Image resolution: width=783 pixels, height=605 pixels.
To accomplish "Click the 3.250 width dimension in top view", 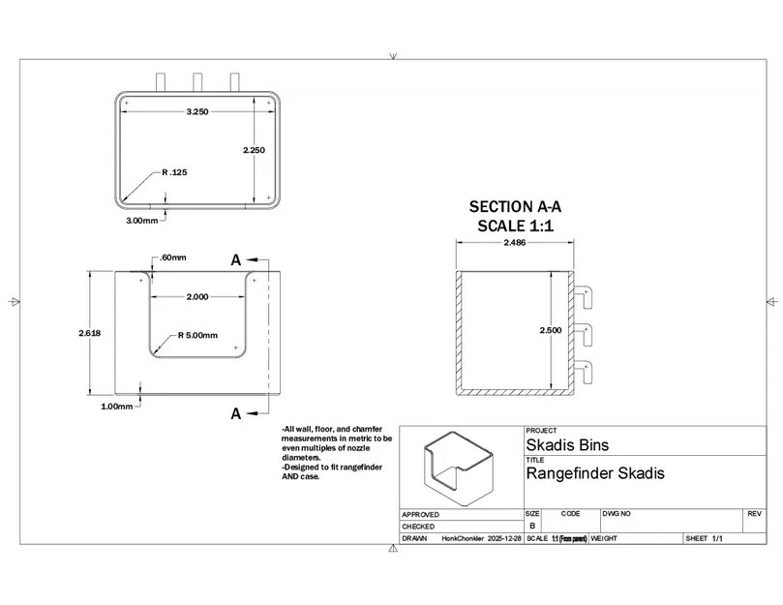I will pyautogui.click(x=197, y=112).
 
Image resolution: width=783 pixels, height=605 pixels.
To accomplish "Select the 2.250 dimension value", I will pyautogui.click(x=254, y=150).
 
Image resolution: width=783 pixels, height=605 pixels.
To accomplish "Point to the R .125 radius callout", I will pyautogui.click(x=174, y=172).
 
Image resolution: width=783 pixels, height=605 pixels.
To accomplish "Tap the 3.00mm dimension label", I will pyautogui.click(x=141, y=221).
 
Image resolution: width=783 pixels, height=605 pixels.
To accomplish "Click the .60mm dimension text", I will pyautogui.click(x=173, y=257).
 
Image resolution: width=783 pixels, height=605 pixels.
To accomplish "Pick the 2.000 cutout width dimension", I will pyautogui.click(x=196, y=297).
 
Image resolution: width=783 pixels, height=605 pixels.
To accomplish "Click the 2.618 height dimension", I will pyautogui.click(x=90, y=332).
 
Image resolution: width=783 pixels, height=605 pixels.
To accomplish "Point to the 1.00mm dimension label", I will pyautogui.click(x=116, y=407).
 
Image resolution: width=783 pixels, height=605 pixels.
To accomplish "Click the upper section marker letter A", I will pyautogui.click(x=235, y=259).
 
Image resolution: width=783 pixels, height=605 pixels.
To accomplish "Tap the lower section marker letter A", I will pyautogui.click(x=235, y=413).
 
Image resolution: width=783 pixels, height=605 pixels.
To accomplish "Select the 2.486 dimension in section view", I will pyautogui.click(x=515, y=243).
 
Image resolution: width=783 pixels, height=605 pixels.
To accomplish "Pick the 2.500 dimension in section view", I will pyautogui.click(x=550, y=330).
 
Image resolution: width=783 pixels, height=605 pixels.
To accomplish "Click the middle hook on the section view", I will pyautogui.click(x=584, y=333).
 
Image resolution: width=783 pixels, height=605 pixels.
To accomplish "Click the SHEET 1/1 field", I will pyautogui.click(x=705, y=538).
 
